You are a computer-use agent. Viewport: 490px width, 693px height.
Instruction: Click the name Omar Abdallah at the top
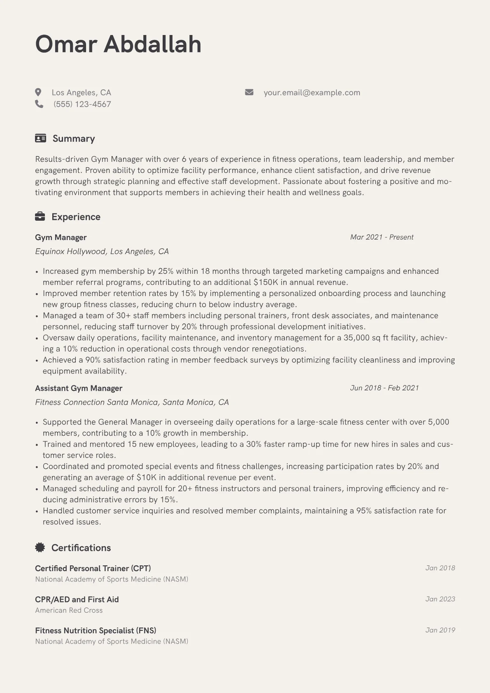(x=118, y=44)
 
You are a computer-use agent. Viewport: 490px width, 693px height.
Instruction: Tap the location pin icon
(x=38, y=92)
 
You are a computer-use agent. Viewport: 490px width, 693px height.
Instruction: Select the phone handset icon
(x=39, y=104)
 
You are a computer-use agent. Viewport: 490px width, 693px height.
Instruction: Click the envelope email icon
(x=249, y=92)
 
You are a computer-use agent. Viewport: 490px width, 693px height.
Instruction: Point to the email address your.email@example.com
(x=312, y=93)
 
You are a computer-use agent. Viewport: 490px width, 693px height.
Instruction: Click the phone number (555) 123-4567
(x=82, y=104)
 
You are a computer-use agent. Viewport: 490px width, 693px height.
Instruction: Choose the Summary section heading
(x=74, y=138)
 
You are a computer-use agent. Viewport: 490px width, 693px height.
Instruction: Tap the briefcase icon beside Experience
(x=40, y=217)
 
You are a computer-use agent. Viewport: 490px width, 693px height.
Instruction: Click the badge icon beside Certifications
(x=40, y=547)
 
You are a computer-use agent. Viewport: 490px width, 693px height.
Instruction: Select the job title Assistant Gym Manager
(x=79, y=388)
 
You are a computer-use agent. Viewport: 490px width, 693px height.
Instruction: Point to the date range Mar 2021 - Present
(x=382, y=237)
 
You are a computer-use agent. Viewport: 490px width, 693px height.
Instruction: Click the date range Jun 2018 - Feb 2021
(x=384, y=388)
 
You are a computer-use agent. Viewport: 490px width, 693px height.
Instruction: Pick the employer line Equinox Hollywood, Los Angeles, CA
(x=102, y=252)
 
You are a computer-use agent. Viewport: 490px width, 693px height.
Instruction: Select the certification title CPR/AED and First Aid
(x=77, y=600)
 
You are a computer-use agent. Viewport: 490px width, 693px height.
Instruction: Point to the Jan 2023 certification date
(x=440, y=599)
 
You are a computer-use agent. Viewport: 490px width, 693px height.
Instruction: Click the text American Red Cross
(x=69, y=610)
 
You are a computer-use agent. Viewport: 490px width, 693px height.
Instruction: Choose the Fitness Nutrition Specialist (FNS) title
(x=96, y=630)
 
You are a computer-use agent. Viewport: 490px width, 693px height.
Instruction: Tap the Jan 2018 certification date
(x=440, y=568)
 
